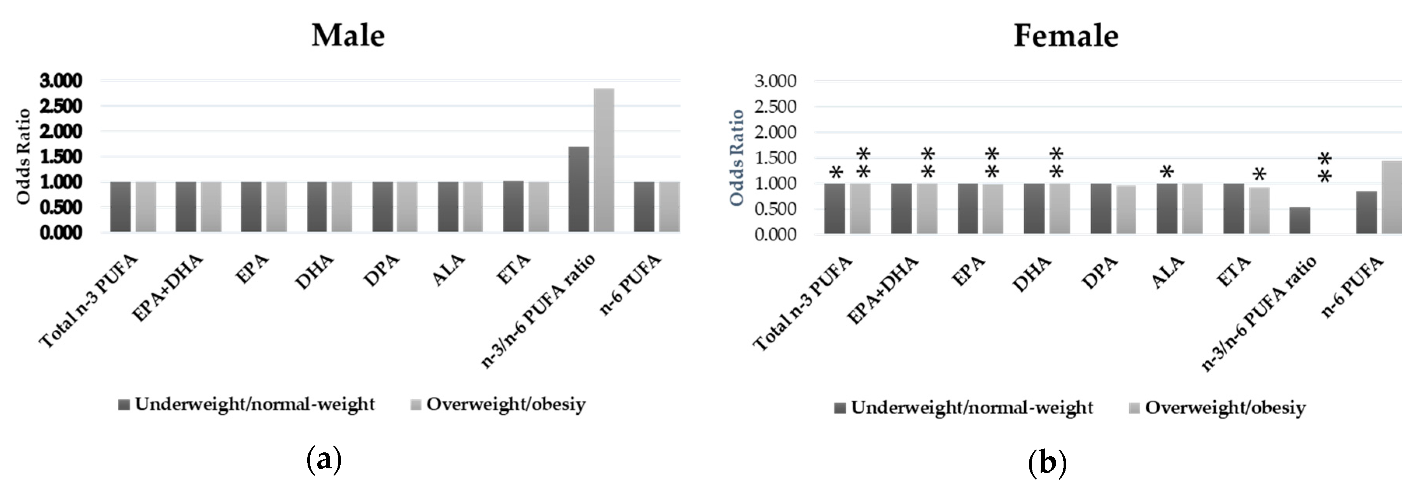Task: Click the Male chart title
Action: point(348,36)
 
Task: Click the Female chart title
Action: point(1066,36)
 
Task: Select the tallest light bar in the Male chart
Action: point(604,160)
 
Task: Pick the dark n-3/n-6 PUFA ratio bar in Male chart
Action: point(578,189)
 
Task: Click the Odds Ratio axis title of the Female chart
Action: point(737,158)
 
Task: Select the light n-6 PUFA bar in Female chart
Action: point(1391,197)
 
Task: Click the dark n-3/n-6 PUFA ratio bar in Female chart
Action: point(1300,220)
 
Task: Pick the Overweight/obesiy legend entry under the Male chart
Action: point(498,405)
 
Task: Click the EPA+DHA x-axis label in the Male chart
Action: point(168,288)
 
